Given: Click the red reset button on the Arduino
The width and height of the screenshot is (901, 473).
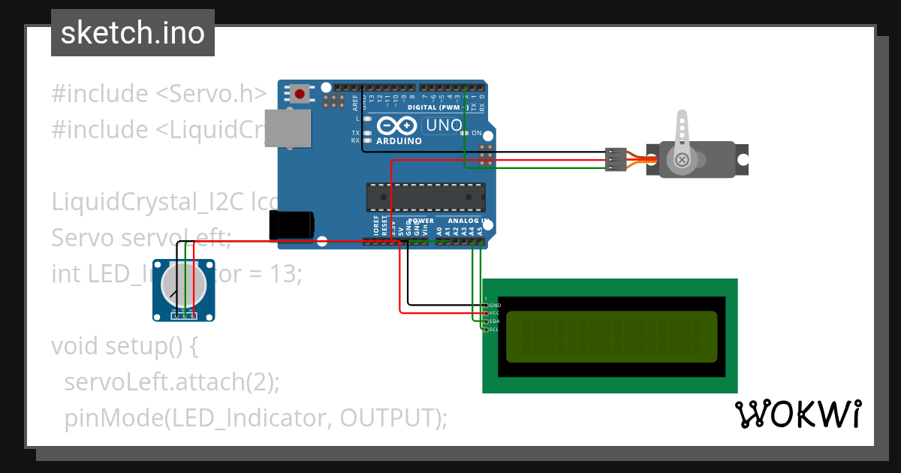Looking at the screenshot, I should pyautogui.click(x=300, y=94).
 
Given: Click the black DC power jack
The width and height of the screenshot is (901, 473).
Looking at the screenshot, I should pyautogui.click(x=291, y=224).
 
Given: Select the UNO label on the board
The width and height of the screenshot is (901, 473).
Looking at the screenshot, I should pyautogui.click(x=443, y=125).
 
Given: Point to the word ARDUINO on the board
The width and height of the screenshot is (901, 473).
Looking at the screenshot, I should pyautogui.click(x=399, y=140).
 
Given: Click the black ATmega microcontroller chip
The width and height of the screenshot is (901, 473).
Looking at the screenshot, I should pyautogui.click(x=425, y=197).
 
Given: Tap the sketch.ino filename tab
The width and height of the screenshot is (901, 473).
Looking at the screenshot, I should pyautogui.click(x=133, y=33).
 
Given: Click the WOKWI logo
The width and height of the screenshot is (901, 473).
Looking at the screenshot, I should pyautogui.click(x=797, y=414).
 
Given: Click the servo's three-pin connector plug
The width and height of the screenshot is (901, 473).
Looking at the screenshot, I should pyautogui.click(x=615, y=159).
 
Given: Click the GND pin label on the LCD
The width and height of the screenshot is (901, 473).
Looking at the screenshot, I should pyautogui.click(x=495, y=306).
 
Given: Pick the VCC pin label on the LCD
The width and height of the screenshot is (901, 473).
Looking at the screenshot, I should pyautogui.click(x=495, y=313).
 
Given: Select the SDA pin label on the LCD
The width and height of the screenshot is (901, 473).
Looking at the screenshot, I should pyautogui.click(x=495, y=321).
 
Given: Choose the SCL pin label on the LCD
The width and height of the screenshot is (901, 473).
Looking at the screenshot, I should pyautogui.click(x=495, y=329).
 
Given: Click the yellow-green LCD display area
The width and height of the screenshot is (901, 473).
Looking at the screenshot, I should pyautogui.click(x=611, y=336).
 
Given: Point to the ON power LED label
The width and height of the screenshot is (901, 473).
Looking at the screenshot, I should pyautogui.click(x=477, y=133).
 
